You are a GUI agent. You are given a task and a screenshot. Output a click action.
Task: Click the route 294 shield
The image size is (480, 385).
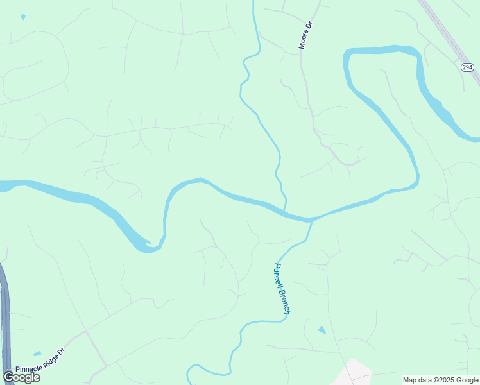click(467, 67)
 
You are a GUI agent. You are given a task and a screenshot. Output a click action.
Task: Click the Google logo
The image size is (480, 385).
click(21, 377)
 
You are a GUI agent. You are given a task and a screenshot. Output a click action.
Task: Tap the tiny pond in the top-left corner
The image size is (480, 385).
click(23, 17)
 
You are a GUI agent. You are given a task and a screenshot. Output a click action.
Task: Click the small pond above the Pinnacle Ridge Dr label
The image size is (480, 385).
click(37, 354)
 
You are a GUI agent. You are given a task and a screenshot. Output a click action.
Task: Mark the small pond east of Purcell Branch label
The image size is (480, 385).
click(321, 330)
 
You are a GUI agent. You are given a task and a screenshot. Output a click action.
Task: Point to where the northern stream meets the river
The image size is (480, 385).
click(285, 209)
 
